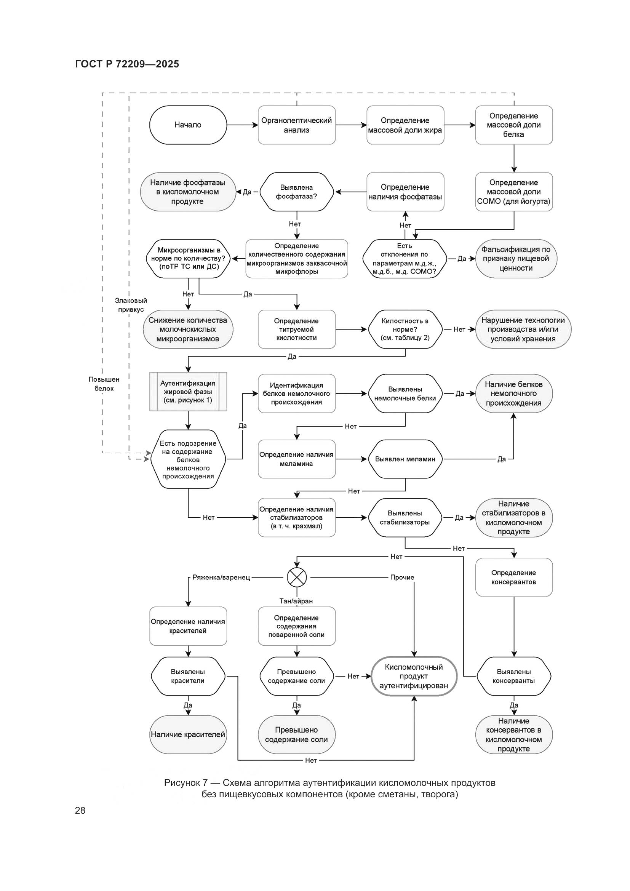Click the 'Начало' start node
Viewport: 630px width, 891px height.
[x=188, y=125]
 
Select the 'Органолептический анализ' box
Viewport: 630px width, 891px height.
[x=296, y=125]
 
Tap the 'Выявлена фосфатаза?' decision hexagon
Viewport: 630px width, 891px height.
[x=296, y=192]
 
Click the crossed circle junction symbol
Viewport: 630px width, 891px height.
[x=296, y=577]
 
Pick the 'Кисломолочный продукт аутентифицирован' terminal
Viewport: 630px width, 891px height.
[x=414, y=676]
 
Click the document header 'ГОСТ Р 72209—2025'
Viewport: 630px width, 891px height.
[x=127, y=64]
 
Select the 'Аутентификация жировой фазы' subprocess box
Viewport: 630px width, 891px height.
[x=188, y=392]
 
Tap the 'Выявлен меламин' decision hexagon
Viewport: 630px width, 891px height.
[x=405, y=459]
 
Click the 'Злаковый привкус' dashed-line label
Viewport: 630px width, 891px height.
[x=131, y=305]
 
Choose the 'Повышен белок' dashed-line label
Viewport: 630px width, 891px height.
[x=104, y=384]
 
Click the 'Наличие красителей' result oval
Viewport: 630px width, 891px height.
[x=188, y=734]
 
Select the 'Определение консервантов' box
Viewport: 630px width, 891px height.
[x=513, y=577]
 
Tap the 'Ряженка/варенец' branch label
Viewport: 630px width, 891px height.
[x=221, y=577]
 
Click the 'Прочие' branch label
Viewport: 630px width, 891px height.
[x=402, y=577]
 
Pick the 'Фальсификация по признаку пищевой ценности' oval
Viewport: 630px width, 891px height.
[x=516, y=258]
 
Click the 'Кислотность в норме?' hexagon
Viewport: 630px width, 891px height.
[x=405, y=330]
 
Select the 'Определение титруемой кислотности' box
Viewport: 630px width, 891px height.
[x=296, y=330]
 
